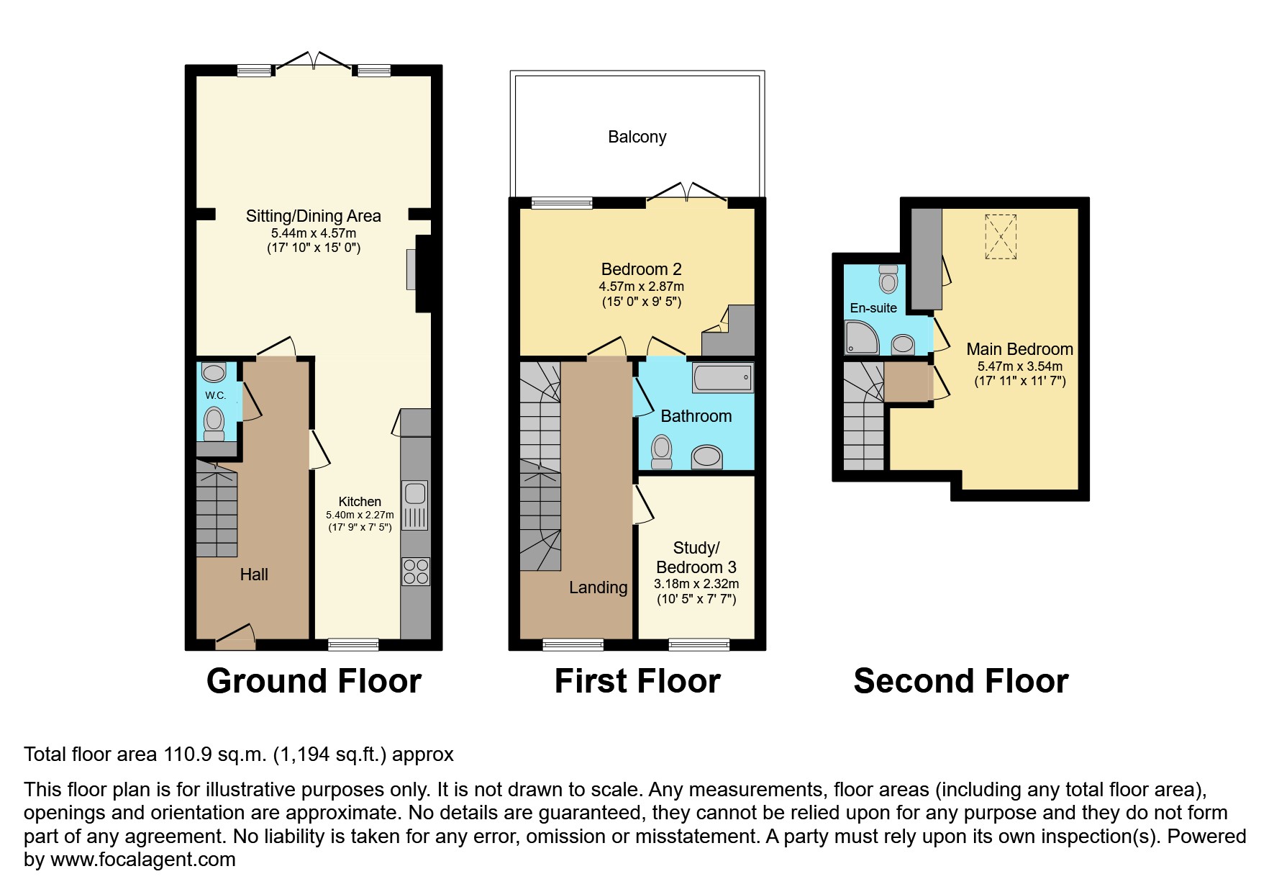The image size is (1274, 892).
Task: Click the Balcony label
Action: pyautogui.click(x=637, y=137)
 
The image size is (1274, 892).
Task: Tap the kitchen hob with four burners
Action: pyautogui.click(x=415, y=572)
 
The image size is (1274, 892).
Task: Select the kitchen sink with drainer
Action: pyautogui.click(x=415, y=505)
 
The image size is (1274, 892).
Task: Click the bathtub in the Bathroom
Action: pyautogui.click(x=722, y=377)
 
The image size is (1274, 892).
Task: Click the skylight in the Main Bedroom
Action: pyautogui.click(x=1000, y=236)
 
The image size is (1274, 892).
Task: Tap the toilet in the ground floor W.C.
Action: pyautogui.click(x=214, y=424)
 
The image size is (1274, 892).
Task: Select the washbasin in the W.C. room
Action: pyautogui.click(x=214, y=372)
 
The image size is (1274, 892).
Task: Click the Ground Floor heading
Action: pyautogui.click(x=314, y=681)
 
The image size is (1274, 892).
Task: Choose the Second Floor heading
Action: pyautogui.click(x=960, y=681)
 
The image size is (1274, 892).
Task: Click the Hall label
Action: pyautogui.click(x=254, y=575)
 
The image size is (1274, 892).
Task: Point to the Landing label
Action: pyautogui.click(x=598, y=587)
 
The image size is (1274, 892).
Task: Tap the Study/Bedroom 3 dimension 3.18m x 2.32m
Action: pyautogui.click(x=696, y=584)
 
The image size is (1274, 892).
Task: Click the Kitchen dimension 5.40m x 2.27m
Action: pyautogui.click(x=360, y=515)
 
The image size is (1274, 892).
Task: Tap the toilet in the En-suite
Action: pyautogui.click(x=888, y=279)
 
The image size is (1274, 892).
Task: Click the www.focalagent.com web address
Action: pyautogui.click(x=142, y=860)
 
